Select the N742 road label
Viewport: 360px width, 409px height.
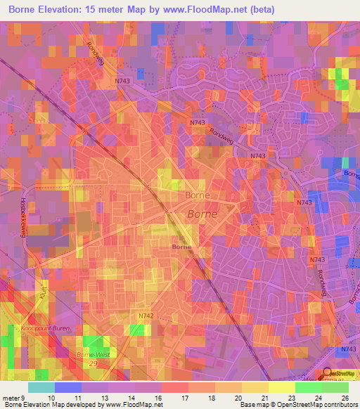pos(146,317)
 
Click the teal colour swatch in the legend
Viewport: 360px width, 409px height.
pos(41,387)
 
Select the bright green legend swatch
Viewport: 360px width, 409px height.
pos(308,387)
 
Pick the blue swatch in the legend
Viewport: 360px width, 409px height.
pos(68,387)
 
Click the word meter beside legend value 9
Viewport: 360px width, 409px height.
pos(12,398)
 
